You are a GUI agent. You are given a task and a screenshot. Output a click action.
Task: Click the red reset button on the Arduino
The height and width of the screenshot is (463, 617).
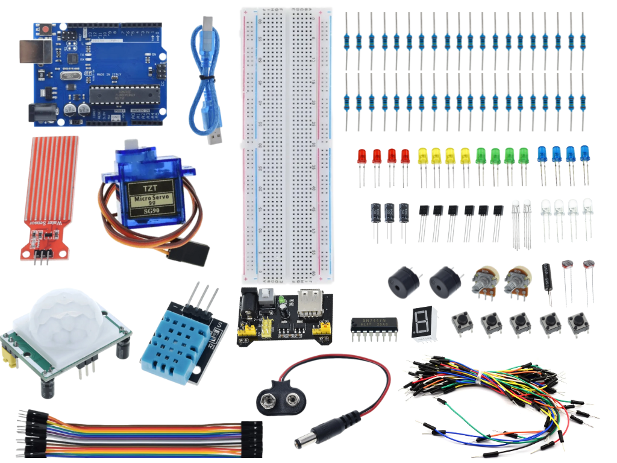pos(45,30)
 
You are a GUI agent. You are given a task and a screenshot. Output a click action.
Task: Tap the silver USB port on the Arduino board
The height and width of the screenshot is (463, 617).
pos(35,52)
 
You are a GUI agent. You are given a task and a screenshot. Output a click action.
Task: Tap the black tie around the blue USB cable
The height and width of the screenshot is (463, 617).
pos(205,78)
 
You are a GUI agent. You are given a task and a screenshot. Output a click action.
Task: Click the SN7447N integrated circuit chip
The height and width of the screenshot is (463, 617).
pos(374,326)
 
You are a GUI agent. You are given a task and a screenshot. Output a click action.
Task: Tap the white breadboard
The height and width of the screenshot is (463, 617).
pos(287,145)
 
